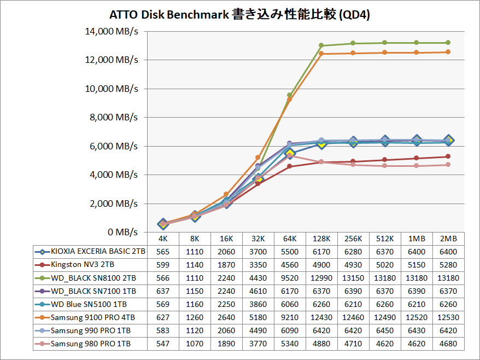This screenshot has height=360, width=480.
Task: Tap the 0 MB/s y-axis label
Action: [x=122, y=233]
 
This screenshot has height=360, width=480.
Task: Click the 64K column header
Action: [x=290, y=239]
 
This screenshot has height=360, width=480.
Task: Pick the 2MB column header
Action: [x=448, y=239]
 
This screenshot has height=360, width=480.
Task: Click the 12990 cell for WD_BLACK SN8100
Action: [x=321, y=278]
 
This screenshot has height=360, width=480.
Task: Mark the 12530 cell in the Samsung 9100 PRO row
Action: [x=448, y=317]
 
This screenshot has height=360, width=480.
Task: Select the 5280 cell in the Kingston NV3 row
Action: [x=448, y=265]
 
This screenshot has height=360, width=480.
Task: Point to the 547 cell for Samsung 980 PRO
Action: [x=163, y=344]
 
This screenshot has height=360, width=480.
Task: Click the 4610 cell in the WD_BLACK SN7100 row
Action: [x=258, y=291]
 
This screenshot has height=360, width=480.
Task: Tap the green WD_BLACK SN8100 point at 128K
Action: [x=321, y=45]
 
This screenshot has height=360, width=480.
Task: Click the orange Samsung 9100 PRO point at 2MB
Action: [x=448, y=52]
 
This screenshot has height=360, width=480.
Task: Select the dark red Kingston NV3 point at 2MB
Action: [x=448, y=156]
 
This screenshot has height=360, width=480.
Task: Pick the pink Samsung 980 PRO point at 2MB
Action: [x=448, y=165]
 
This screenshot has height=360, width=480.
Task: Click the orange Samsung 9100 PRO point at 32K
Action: [x=258, y=158]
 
